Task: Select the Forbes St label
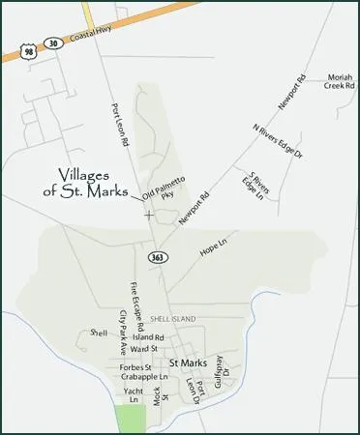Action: [135, 367]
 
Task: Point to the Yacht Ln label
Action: [133, 394]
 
